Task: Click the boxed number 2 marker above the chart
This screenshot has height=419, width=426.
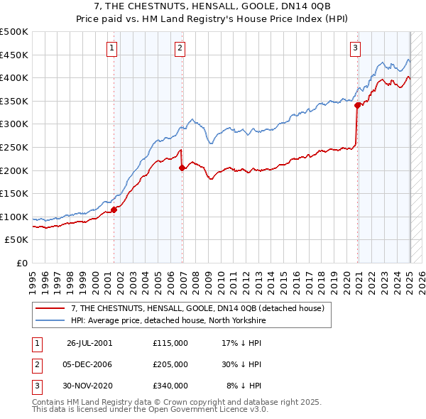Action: coord(180,48)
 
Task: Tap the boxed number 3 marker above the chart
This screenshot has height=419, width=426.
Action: coord(355,48)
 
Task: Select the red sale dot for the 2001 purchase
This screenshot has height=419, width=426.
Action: coord(114,209)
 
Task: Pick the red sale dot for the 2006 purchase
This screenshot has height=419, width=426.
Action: coord(182,168)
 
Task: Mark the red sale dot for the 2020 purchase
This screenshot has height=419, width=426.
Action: coord(358,106)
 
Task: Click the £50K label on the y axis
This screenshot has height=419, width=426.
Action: coord(17,240)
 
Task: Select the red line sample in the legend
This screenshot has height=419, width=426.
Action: coord(50,308)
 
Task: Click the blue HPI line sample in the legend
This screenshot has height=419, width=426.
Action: coord(50,320)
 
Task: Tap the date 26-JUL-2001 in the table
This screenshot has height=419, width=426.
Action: coord(89,343)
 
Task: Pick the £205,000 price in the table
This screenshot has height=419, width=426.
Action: coord(170,364)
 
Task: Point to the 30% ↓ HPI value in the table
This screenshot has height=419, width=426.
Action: coord(242,364)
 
